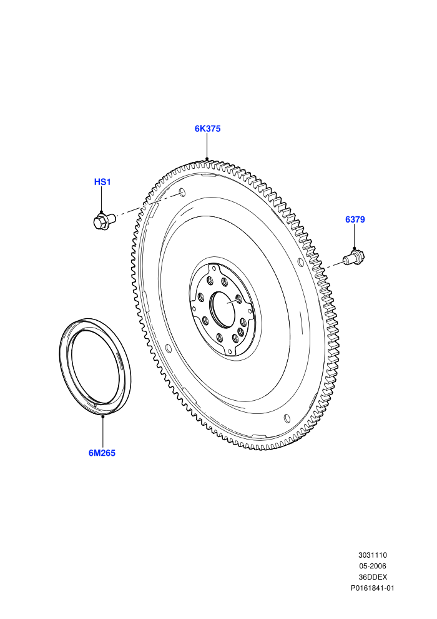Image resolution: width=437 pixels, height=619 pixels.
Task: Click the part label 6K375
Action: pyautogui.click(x=207, y=129)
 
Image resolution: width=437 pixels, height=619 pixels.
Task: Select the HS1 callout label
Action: pyautogui.click(x=102, y=182)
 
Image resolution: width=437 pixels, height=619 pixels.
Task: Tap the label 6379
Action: pyautogui.click(x=355, y=219)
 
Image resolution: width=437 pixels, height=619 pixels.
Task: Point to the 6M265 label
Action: pyautogui.click(x=102, y=453)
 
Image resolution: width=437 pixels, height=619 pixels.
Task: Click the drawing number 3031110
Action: pyautogui.click(x=372, y=555)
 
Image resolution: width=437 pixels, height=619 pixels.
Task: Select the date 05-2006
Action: pyautogui.click(x=372, y=566)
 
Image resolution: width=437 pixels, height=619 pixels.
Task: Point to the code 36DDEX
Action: pyautogui.click(x=372, y=576)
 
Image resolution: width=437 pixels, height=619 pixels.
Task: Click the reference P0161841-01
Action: pyautogui.click(x=372, y=588)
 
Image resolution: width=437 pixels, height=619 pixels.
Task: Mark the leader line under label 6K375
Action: pyautogui.click(x=207, y=146)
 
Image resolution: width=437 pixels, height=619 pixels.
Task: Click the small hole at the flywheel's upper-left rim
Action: pyautogui.click(x=182, y=192)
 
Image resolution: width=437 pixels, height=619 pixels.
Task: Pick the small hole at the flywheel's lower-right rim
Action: pyautogui.click(x=287, y=418)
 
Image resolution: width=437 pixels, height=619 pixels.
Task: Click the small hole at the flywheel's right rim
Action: pyautogui.click(x=301, y=263)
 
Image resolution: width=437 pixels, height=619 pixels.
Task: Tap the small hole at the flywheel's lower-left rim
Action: pyautogui.click(x=169, y=348)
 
